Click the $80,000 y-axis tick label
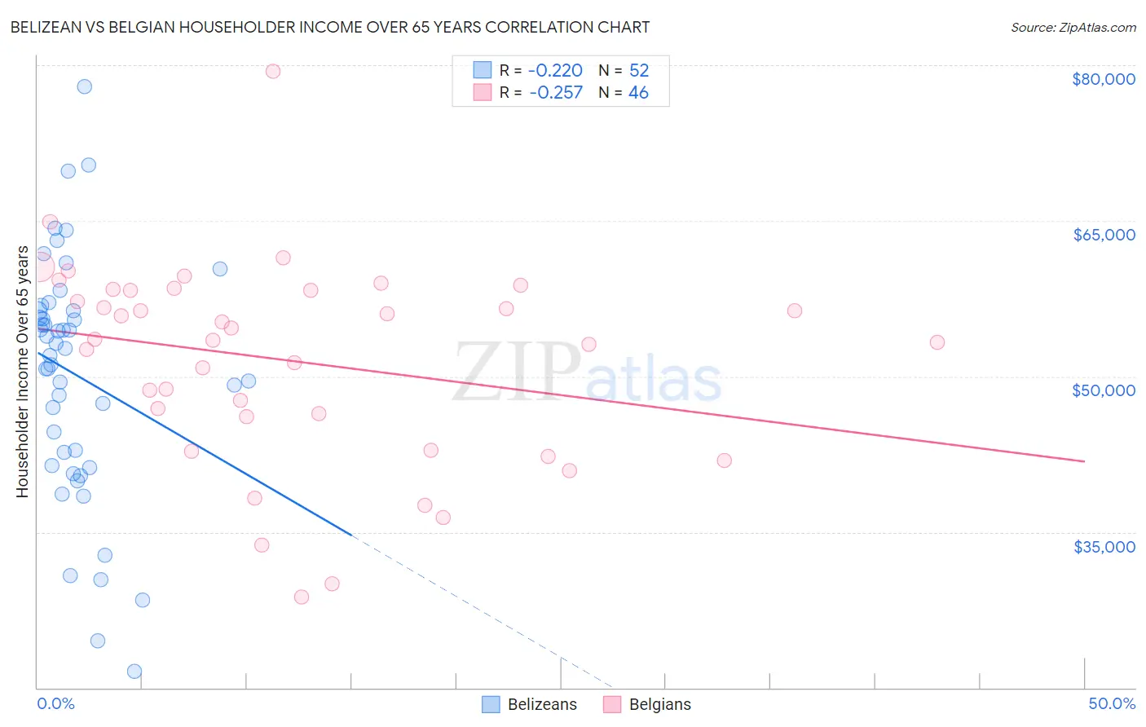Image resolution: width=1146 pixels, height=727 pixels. (x=1103, y=79)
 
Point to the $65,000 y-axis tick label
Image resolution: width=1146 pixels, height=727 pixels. (x=1103, y=235)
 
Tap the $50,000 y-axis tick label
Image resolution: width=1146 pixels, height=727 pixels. (x=1103, y=390)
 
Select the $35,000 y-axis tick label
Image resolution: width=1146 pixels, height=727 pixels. (x=1103, y=547)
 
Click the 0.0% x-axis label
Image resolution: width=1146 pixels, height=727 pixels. (x=55, y=703)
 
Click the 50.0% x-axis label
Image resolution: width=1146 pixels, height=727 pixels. (x=1111, y=703)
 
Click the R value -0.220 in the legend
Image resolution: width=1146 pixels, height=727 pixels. (x=555, y=71)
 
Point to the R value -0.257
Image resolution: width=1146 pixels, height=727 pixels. (x=555, y=93)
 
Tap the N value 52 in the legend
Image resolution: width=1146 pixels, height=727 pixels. (x=639, y=71)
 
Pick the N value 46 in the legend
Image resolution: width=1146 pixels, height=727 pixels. (x=638, y=93)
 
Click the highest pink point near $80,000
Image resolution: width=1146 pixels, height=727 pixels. (x=273, y=71)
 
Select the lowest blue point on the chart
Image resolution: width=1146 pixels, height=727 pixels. (x=134, y=672)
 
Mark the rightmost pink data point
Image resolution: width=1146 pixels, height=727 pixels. (x=937, y=342)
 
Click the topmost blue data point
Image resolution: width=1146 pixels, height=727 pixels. (x=84, y=86)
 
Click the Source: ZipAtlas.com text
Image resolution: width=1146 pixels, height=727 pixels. (x=1073, y=28)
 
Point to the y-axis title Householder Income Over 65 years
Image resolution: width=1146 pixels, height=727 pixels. (x=23, y=372)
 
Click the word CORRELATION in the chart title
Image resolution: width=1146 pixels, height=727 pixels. (x=532, y=27)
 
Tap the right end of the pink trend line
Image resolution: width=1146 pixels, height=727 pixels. (x=1084, y=461)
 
